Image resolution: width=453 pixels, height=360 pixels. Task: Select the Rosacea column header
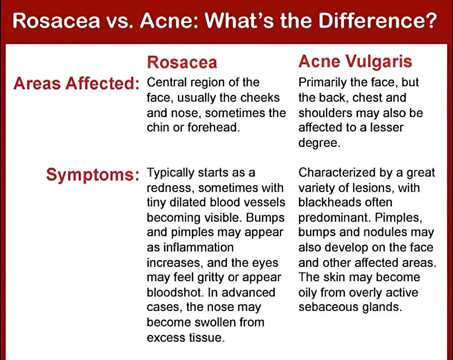[x=182, y=62]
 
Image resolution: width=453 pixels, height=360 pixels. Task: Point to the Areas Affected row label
[x=77, y=84]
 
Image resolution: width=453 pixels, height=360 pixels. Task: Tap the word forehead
[x=214, y=127]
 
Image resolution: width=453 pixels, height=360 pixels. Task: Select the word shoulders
[x=326, y=113]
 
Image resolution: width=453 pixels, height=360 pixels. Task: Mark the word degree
[x=319, y=143]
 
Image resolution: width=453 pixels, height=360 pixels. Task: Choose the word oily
[x=308, y=293]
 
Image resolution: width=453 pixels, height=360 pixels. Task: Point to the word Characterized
[x=337, y=172]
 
